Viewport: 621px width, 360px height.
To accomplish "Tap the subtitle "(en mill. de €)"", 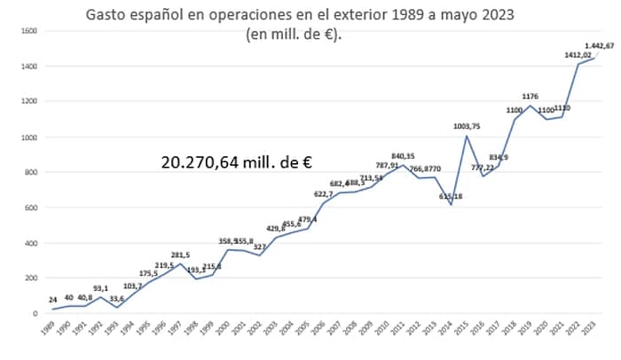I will click(x=302, y=35).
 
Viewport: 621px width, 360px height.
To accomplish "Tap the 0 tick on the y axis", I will click(x=35, y=313).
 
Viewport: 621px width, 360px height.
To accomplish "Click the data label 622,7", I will click(x=323, y=194).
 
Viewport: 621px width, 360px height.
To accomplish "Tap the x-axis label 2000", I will click(x=225, y=329).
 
